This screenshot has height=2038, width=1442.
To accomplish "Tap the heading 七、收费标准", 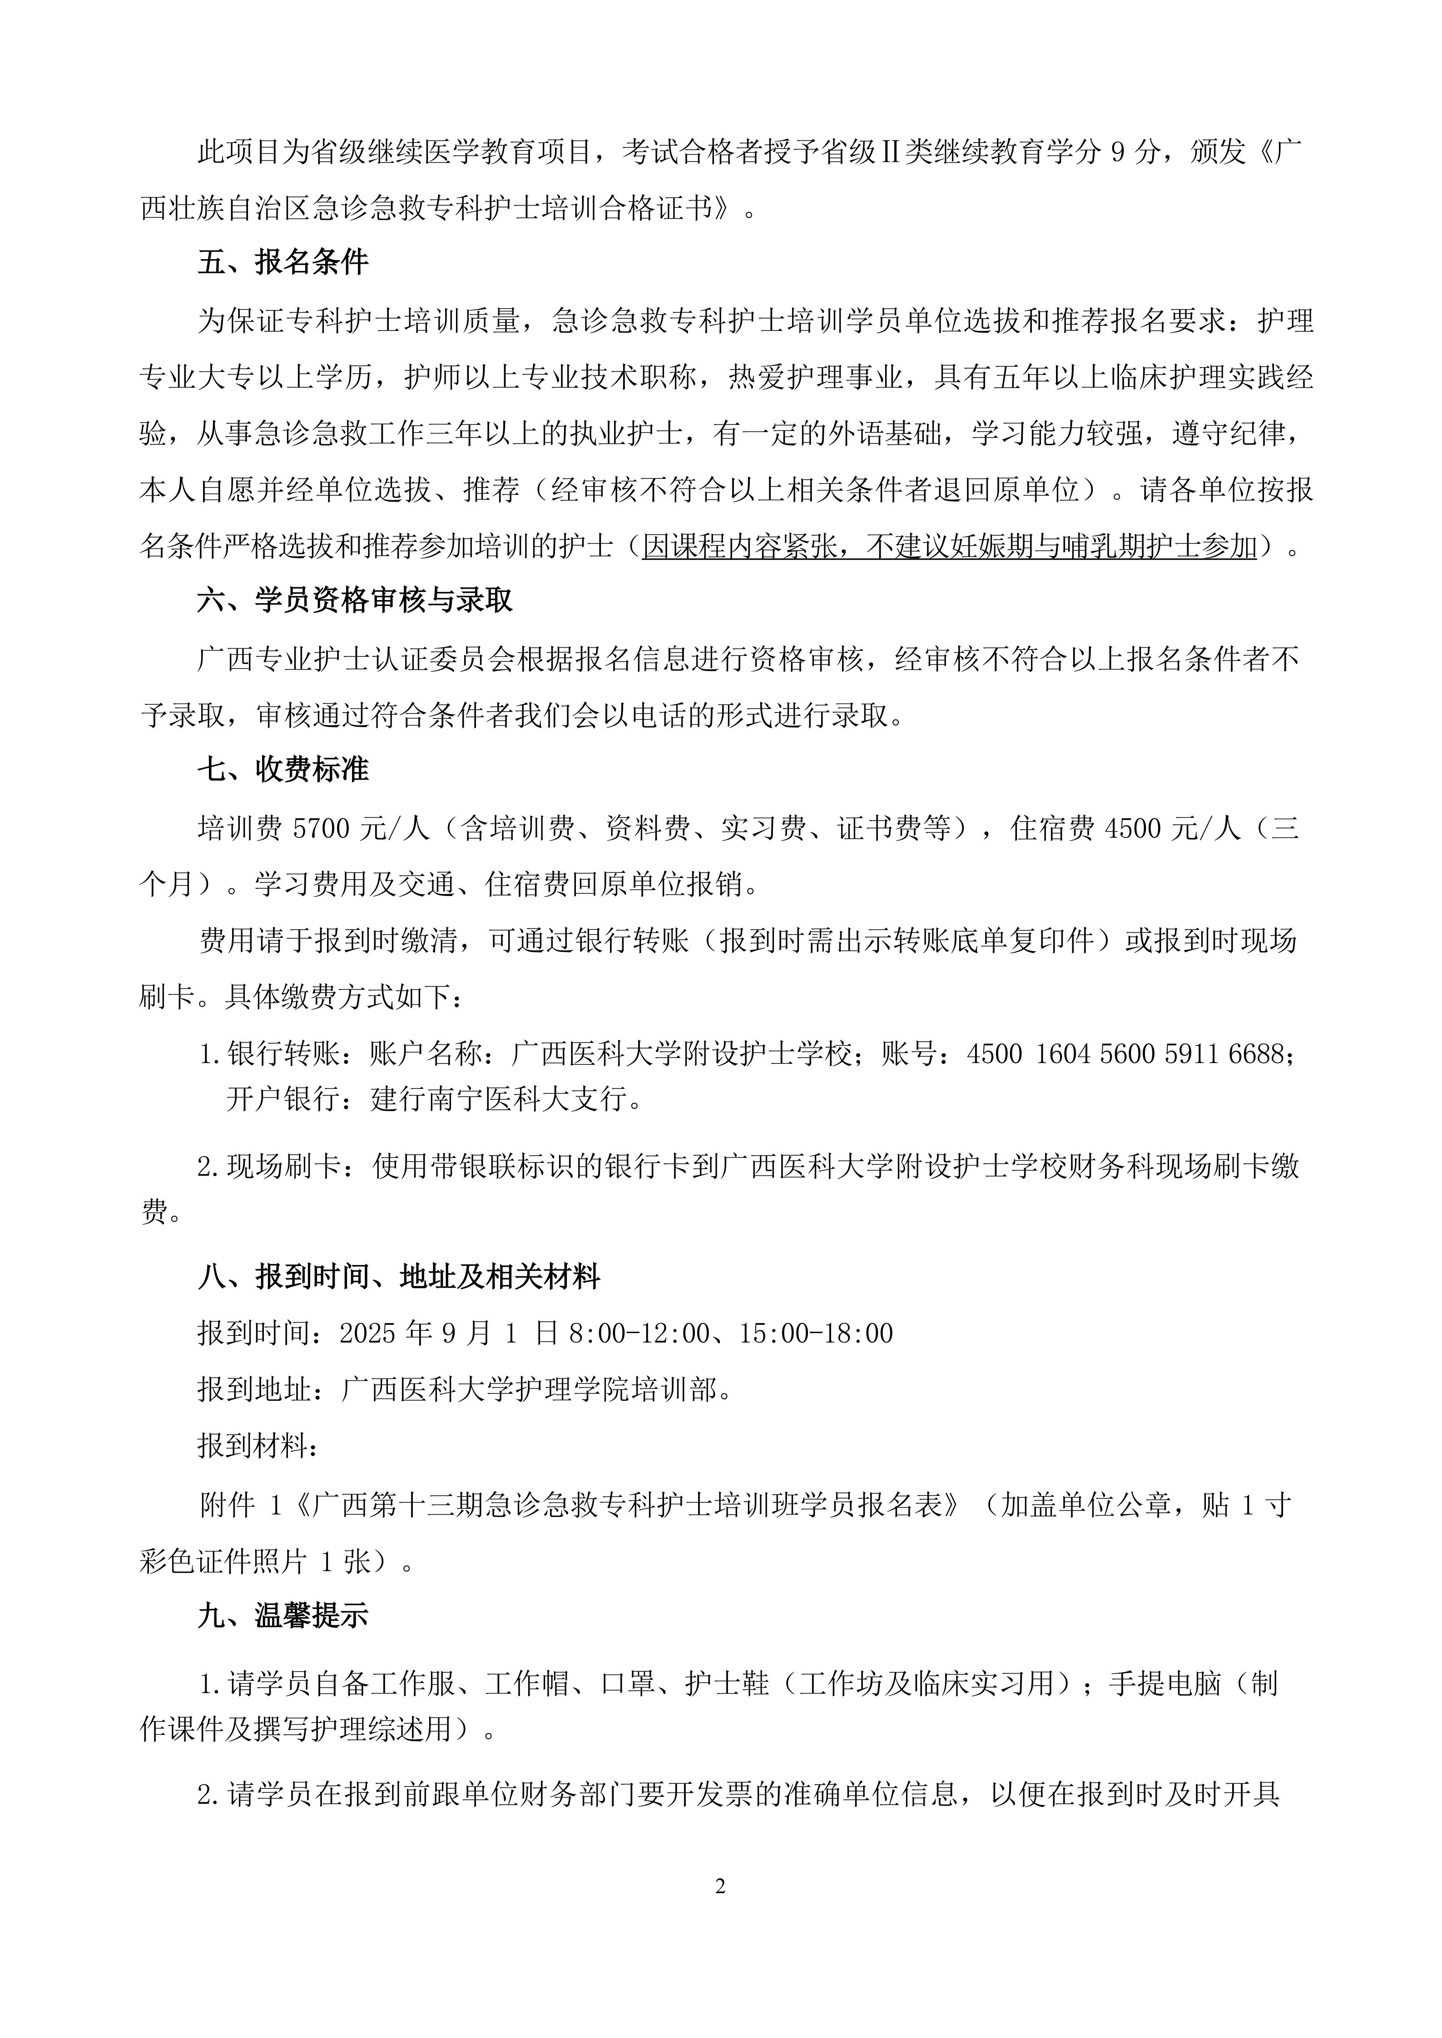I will click(x=282, y=769).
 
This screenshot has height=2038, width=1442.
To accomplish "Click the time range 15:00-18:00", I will click(x=816, y=1333).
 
